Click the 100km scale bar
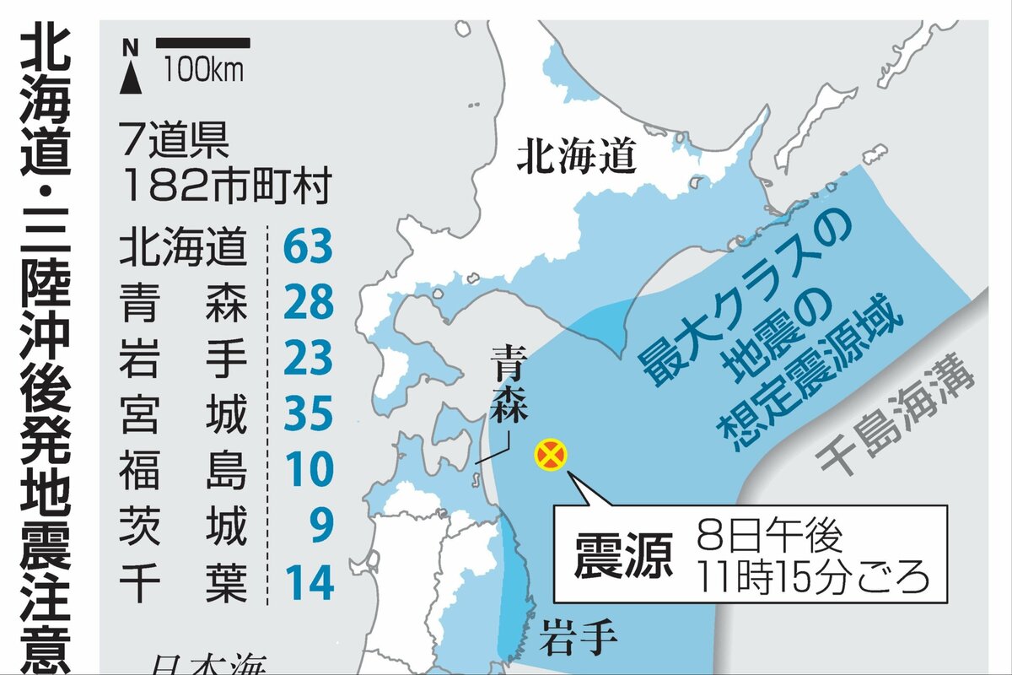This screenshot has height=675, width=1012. click(x=203, y=43)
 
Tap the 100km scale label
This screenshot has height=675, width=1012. click(x=203, y=68)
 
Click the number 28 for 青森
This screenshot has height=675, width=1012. click(x=309, y=304)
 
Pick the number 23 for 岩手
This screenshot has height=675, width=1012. click(x=309, y=359)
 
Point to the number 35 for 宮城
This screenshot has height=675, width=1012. click(x=309, y=416)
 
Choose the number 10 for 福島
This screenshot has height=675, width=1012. click(x=309, y=472)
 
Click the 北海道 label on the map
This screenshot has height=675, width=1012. click(x=576, y=157)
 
